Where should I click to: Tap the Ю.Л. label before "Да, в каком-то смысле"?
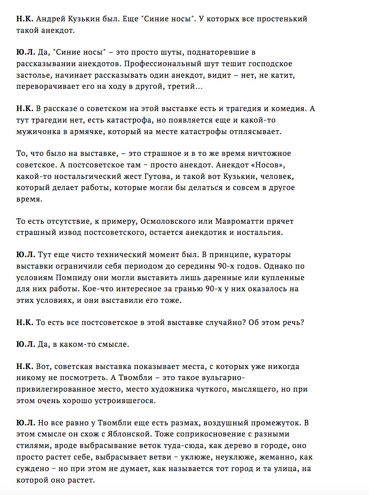(26, 345)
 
